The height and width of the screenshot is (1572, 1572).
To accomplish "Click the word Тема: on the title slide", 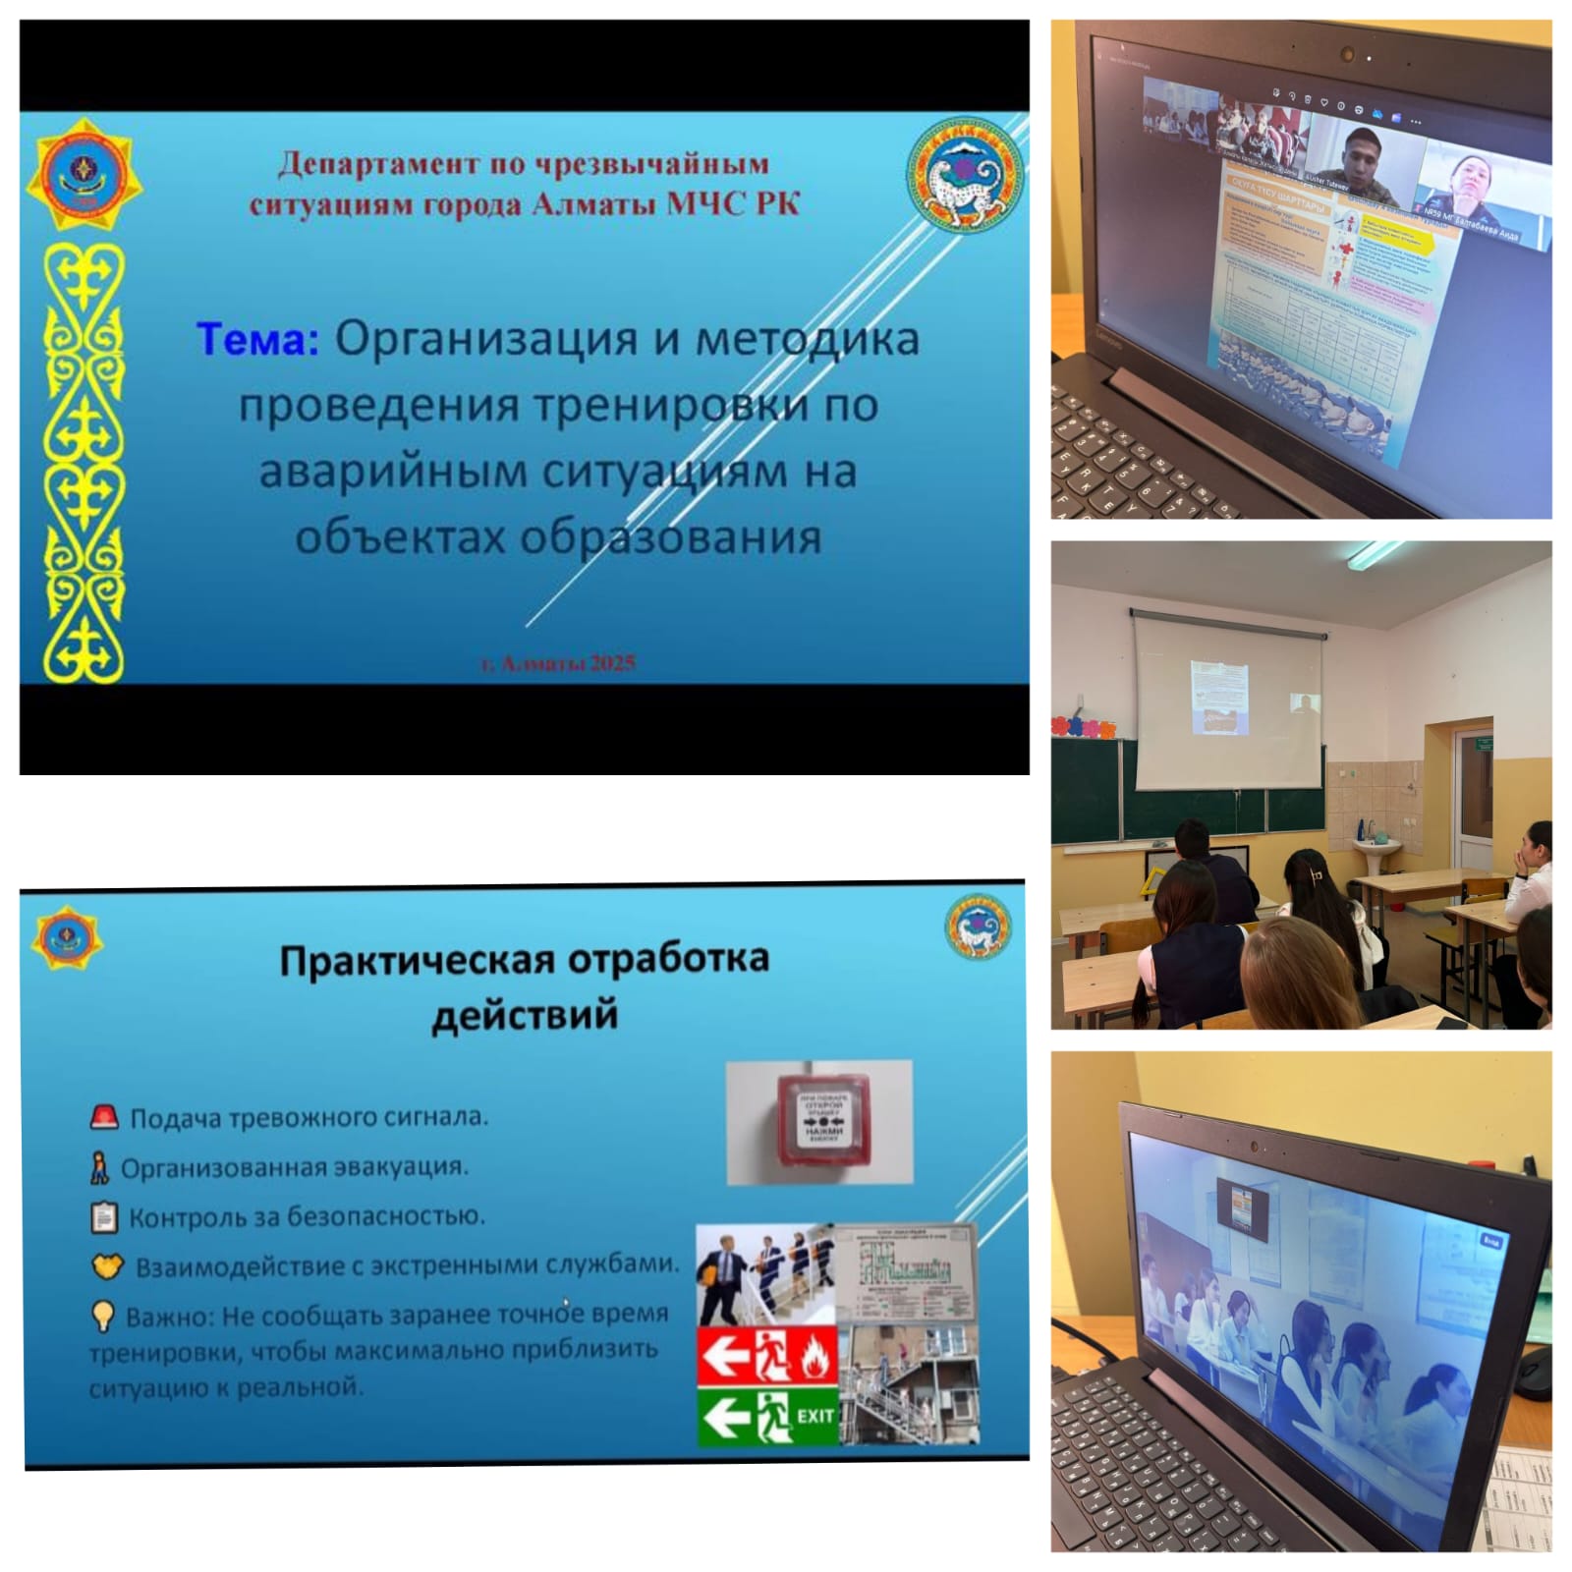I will coord(257,339).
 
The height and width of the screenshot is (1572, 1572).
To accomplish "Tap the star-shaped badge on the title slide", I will coord(83,175).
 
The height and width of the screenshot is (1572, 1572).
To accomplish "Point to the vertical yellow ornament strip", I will coord(84,462).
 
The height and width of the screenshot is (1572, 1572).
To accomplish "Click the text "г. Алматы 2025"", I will coord(558,663).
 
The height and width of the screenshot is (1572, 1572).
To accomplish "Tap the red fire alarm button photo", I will coord(818,1122).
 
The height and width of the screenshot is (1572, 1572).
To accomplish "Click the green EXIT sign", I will coord(767,1415).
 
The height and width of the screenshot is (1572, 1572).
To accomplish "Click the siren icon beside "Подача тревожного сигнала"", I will coord(104,1117).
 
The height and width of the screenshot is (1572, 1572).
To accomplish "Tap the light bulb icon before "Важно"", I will coord(102,1315).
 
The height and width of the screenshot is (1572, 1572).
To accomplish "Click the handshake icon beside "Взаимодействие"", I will coord(107,1265).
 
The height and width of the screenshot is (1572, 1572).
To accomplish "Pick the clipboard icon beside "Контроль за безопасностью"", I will coord(103,1217).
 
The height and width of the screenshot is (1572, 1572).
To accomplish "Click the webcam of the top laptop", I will coord(1348,54).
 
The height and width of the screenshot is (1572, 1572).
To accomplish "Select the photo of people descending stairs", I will coord(764,1273).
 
